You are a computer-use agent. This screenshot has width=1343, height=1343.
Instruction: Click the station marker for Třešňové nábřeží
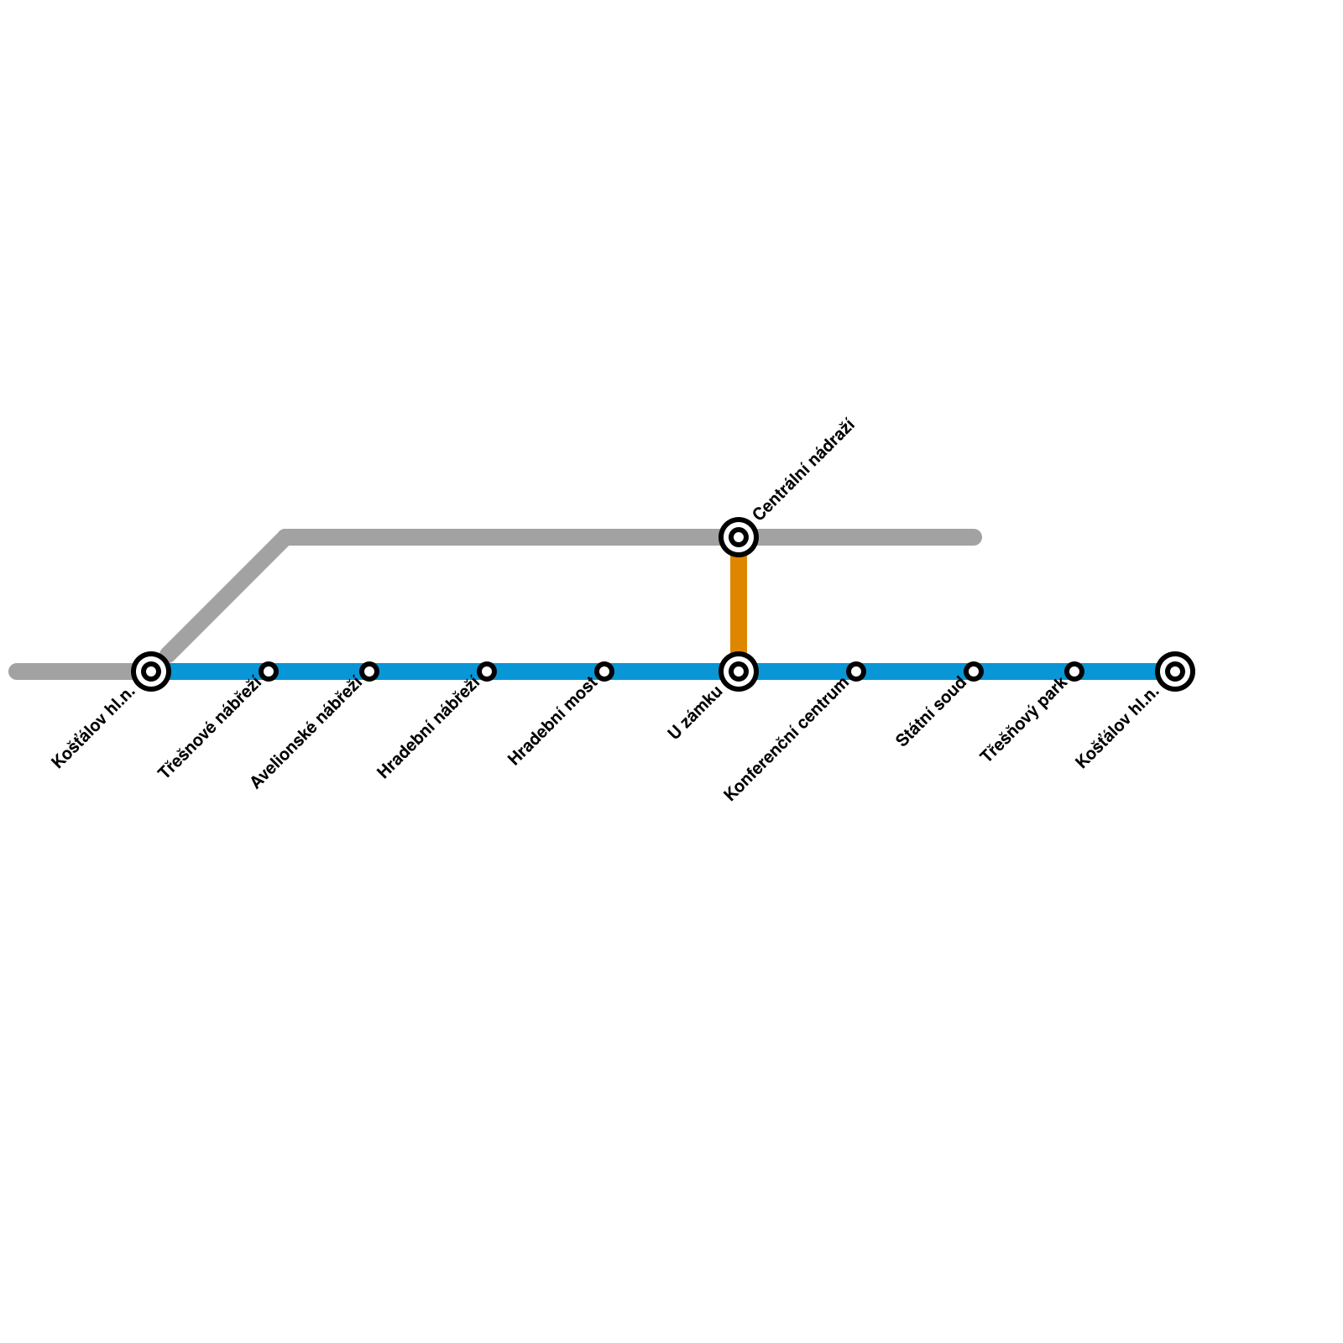click(269, 671)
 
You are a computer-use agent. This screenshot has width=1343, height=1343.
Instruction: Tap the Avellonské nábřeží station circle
click(369, 671)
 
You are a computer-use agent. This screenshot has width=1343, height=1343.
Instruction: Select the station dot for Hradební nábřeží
click(487, 671)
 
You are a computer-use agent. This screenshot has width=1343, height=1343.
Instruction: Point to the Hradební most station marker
click(604, 671)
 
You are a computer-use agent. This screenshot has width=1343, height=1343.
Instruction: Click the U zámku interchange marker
click(739, 671)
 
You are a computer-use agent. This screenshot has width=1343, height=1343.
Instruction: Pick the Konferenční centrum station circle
click(856, 671)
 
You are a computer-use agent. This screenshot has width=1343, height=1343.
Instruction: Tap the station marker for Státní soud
click(974, 671)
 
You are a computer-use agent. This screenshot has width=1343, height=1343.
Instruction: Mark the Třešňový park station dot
click(1074, 671)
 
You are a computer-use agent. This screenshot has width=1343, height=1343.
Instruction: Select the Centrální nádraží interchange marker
click(739, 537)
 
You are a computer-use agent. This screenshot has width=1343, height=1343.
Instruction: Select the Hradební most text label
click(553, 721)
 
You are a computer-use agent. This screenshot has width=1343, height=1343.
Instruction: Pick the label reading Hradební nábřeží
click(428, 728)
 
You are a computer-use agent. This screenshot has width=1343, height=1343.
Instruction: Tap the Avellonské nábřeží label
click(306, 733)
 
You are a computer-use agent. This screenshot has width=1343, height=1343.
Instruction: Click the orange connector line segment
click(739, 604)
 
